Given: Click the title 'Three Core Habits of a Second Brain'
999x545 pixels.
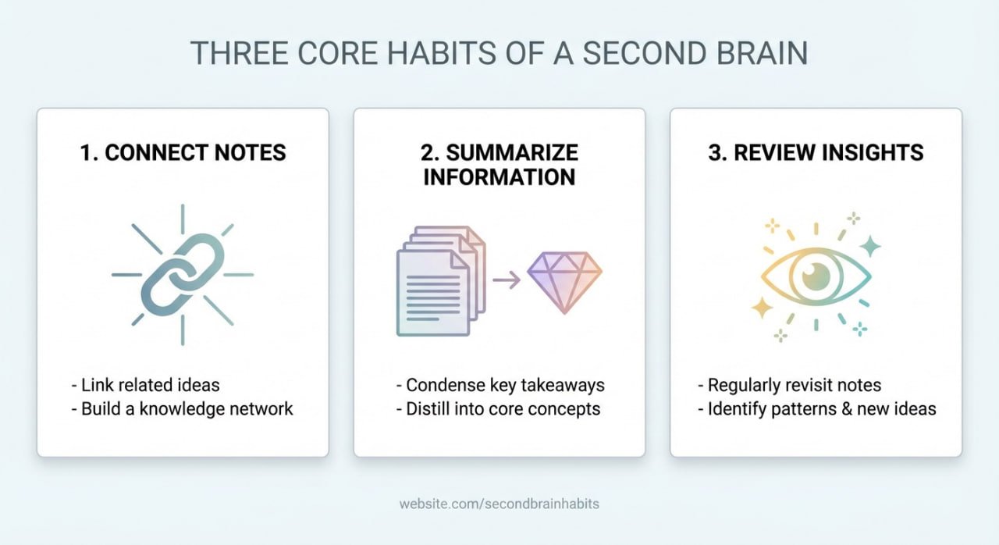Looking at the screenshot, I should (499, 52).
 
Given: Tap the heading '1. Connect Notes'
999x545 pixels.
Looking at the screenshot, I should (183, 152).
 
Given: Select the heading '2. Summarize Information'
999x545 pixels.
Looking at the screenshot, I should (499, 164).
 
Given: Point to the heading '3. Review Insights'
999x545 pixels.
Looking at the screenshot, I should (816, 152).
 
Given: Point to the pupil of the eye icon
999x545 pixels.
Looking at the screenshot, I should (815, 274).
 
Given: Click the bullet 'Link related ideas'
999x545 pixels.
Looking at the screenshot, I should (144, 385).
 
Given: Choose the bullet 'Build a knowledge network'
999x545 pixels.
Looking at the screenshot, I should (182, 408).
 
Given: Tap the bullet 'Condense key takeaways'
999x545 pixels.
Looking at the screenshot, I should (499, 385).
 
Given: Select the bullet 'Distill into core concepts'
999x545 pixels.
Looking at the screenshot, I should (497, 408).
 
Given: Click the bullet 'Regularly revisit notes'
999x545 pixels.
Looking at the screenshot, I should (789, 385).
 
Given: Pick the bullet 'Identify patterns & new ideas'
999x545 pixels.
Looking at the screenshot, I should (816, 408).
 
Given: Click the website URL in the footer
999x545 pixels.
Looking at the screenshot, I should (499, 504).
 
